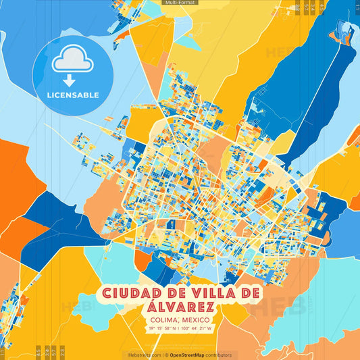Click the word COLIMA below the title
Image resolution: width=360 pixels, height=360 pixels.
pos(163,319)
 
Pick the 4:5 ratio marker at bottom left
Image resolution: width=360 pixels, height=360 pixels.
pos(38,351)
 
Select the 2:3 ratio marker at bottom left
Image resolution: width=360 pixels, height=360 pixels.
pos(61,351)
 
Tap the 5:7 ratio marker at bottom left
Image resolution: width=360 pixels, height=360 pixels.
pos(54,351)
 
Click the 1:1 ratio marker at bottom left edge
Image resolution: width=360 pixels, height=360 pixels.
pos(3,351)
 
